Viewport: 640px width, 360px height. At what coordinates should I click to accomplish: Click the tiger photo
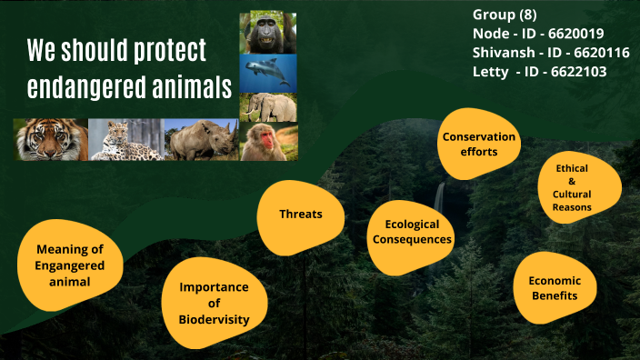[x=50, y=140]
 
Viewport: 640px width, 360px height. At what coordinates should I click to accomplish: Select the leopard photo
[x=125, y=140]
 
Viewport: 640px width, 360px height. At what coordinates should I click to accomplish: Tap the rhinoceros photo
[x=200, y=140]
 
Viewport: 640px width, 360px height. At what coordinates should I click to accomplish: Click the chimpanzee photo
[x=268, y=32]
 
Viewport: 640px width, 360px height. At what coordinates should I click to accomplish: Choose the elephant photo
[x=268, y=106]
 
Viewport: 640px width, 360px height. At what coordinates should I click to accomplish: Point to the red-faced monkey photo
[x=268, y=142]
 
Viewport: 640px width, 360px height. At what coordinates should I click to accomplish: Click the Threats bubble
[x=300, y=215]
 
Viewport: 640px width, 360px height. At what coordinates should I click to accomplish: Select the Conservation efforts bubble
[x=478, y=144]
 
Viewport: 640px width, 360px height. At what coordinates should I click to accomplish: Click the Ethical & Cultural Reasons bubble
[x=572, y=187]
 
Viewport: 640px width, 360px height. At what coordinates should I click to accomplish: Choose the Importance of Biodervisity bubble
[x=214, y=303]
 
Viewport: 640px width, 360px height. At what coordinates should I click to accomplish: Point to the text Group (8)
[x=505, y=15]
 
